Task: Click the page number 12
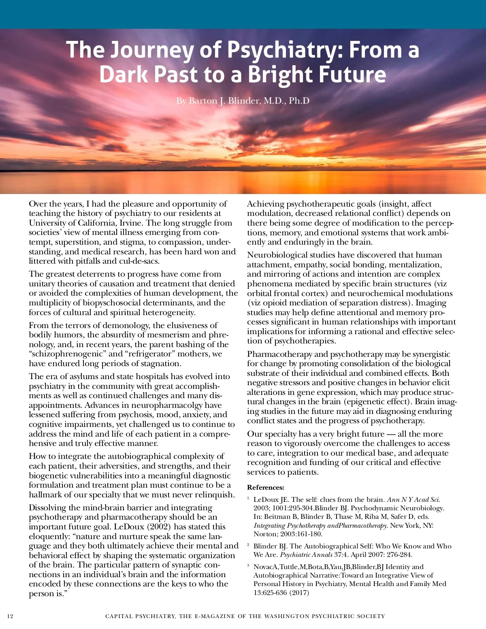[10, 616]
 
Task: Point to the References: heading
[266, 487]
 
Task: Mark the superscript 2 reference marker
[248, 545]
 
